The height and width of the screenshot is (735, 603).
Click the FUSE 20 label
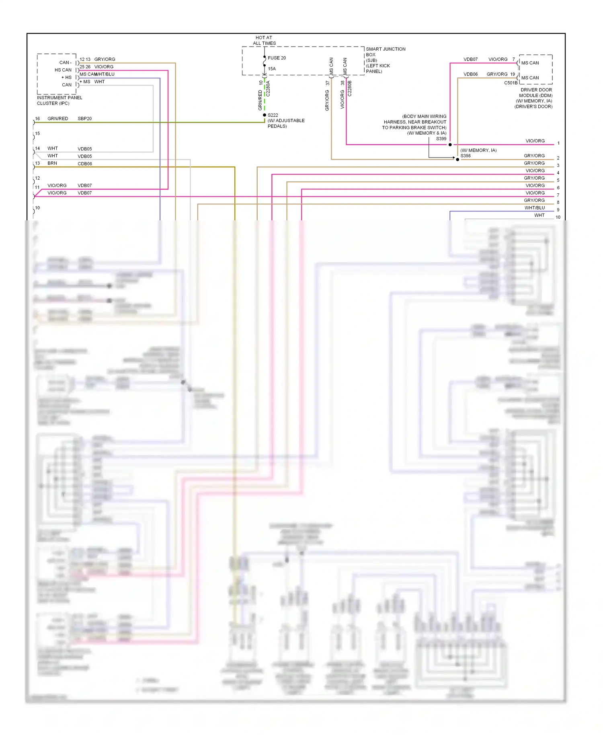tap(277, 58)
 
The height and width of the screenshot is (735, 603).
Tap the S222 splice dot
tap(265, 115)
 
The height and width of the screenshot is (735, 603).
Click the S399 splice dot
tap(450, 144)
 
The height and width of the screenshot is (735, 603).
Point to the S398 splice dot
tap(457, 159)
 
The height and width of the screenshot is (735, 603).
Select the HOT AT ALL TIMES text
tap(264, 40)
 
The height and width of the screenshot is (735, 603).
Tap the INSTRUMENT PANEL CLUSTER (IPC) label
tap(59, 101)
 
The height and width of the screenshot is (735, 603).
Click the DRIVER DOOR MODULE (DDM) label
tap(536, 92)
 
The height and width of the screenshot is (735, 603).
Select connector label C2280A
tap(268, 88)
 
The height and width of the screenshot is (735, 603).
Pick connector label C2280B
tap(350, 88)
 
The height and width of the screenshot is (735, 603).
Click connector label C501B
tap(511, 83)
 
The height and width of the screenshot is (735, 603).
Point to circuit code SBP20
tap(84, 119)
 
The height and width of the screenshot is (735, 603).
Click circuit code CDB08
tap(84, 164)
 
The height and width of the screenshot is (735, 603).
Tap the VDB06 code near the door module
tap(470, 74)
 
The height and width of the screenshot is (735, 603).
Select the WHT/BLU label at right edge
tap(534, 208)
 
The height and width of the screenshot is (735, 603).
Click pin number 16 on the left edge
tap(37, 119)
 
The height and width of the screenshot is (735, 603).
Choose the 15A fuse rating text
tap(272, 69)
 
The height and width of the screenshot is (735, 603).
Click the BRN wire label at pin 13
tap(52, 163)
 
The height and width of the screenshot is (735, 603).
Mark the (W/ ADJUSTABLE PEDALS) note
tap(286, 123)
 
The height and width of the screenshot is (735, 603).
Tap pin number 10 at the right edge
tap(558, 217)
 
